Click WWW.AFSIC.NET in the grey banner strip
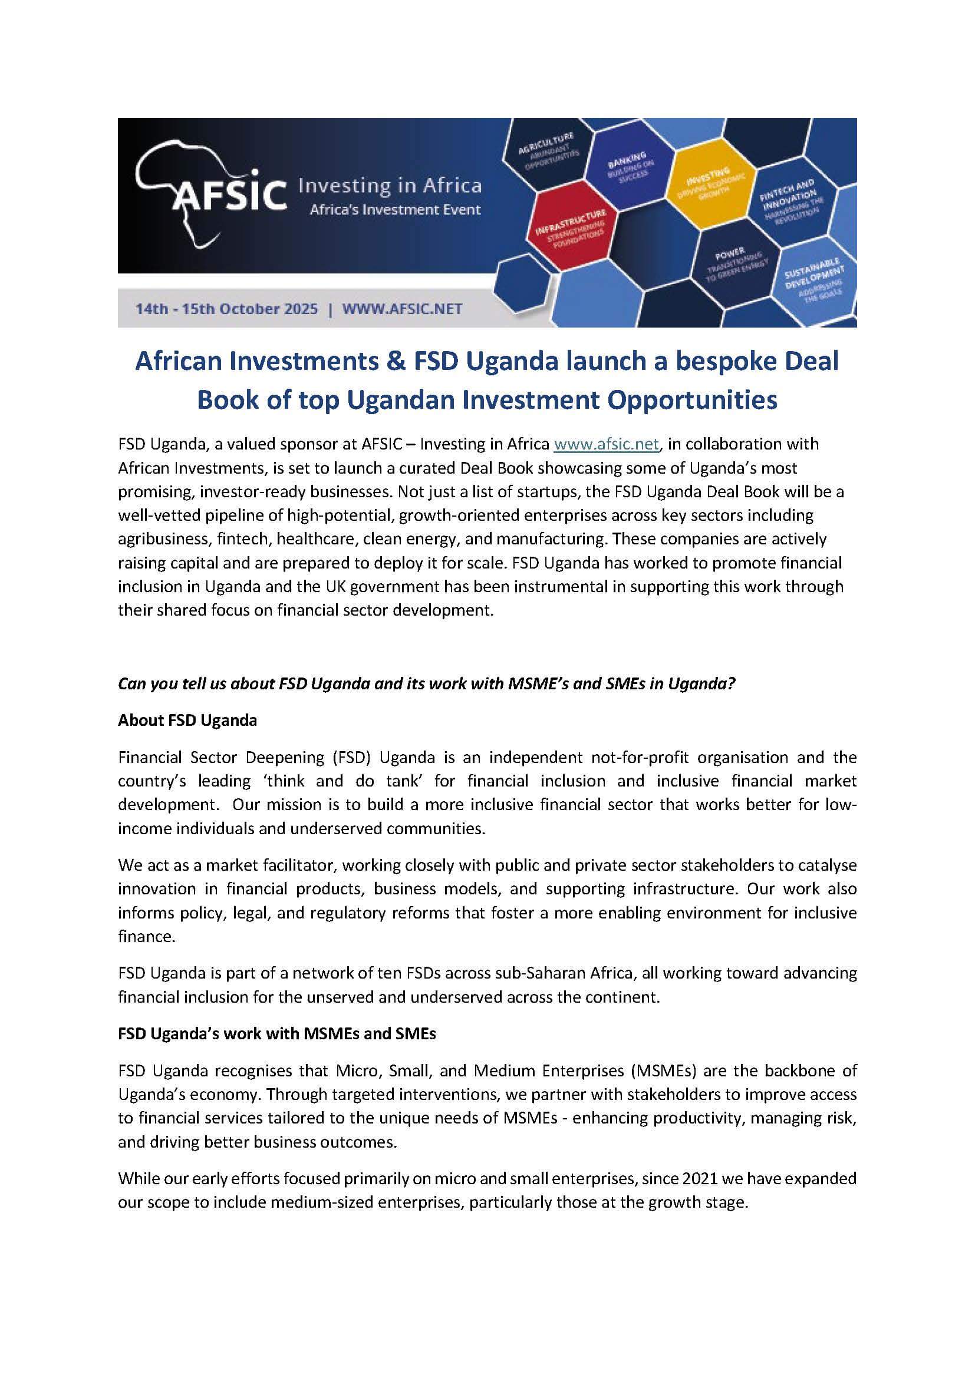tap(401, 309)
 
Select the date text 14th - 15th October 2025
tap(226, 309)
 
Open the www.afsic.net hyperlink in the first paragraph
tap(607, 444)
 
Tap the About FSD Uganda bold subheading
tap(187, 720)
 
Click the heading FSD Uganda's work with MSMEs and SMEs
tap(277, 1034)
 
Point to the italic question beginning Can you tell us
tap(426, 684)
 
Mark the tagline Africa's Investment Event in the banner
tap(394, 210)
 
